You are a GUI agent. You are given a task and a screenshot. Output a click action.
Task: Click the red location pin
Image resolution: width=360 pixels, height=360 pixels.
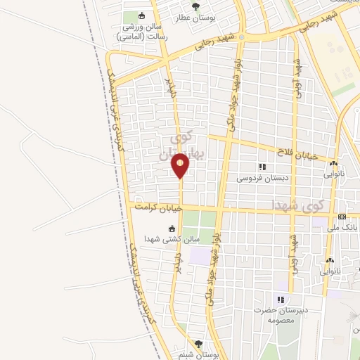tap(180, 166)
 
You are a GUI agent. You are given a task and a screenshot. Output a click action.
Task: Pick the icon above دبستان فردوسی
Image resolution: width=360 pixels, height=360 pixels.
tap(262, 167)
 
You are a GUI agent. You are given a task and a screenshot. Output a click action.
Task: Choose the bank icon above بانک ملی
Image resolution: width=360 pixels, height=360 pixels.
tap(342, 217)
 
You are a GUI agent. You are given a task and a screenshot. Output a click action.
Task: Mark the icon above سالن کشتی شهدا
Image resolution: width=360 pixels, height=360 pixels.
tap(172, 228)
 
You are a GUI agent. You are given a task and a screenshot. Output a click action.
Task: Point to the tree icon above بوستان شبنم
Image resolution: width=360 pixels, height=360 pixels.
tap(198, 344)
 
